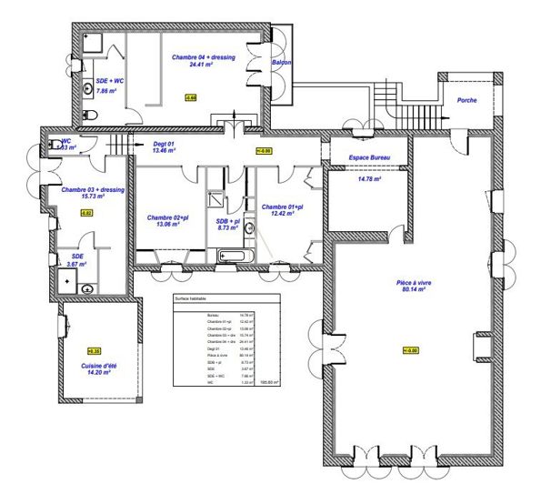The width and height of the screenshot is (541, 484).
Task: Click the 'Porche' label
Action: pyautogui.click(x=467, y=101)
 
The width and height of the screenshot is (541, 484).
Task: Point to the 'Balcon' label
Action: pyautogui.click(x=281, y=63)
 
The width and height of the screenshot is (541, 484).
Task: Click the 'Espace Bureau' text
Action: pyautogui.click(x=369, y=157)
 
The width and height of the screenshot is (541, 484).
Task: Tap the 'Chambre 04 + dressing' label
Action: pyautogui.click(x=204, y=56)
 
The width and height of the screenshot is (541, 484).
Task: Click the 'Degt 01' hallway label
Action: pyautogui.click(x=164, y=143)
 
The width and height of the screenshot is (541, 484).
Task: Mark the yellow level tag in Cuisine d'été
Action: pyautogui.click(x=94, y=350)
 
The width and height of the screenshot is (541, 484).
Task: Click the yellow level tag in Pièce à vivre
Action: pyautogui.click(x=409, y=350)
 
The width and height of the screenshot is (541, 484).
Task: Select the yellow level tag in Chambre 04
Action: pyautogui.click(x=190, y=96)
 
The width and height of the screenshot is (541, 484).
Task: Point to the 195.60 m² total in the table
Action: pyautogui.click(x=269, y=382)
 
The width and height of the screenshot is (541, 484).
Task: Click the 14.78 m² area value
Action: pyautogui.click(x=368, y=179)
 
